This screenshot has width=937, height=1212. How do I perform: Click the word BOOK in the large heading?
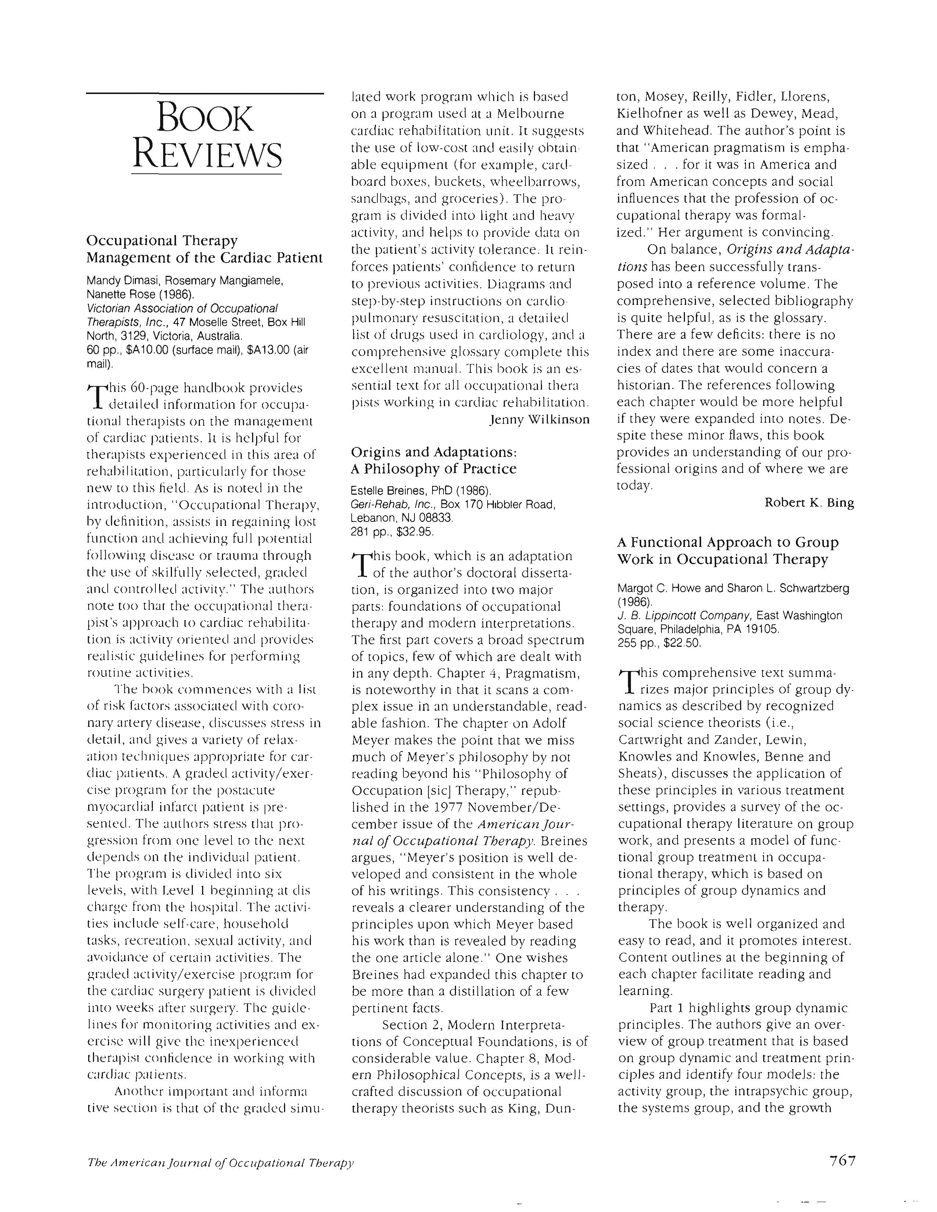pos(205,119)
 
